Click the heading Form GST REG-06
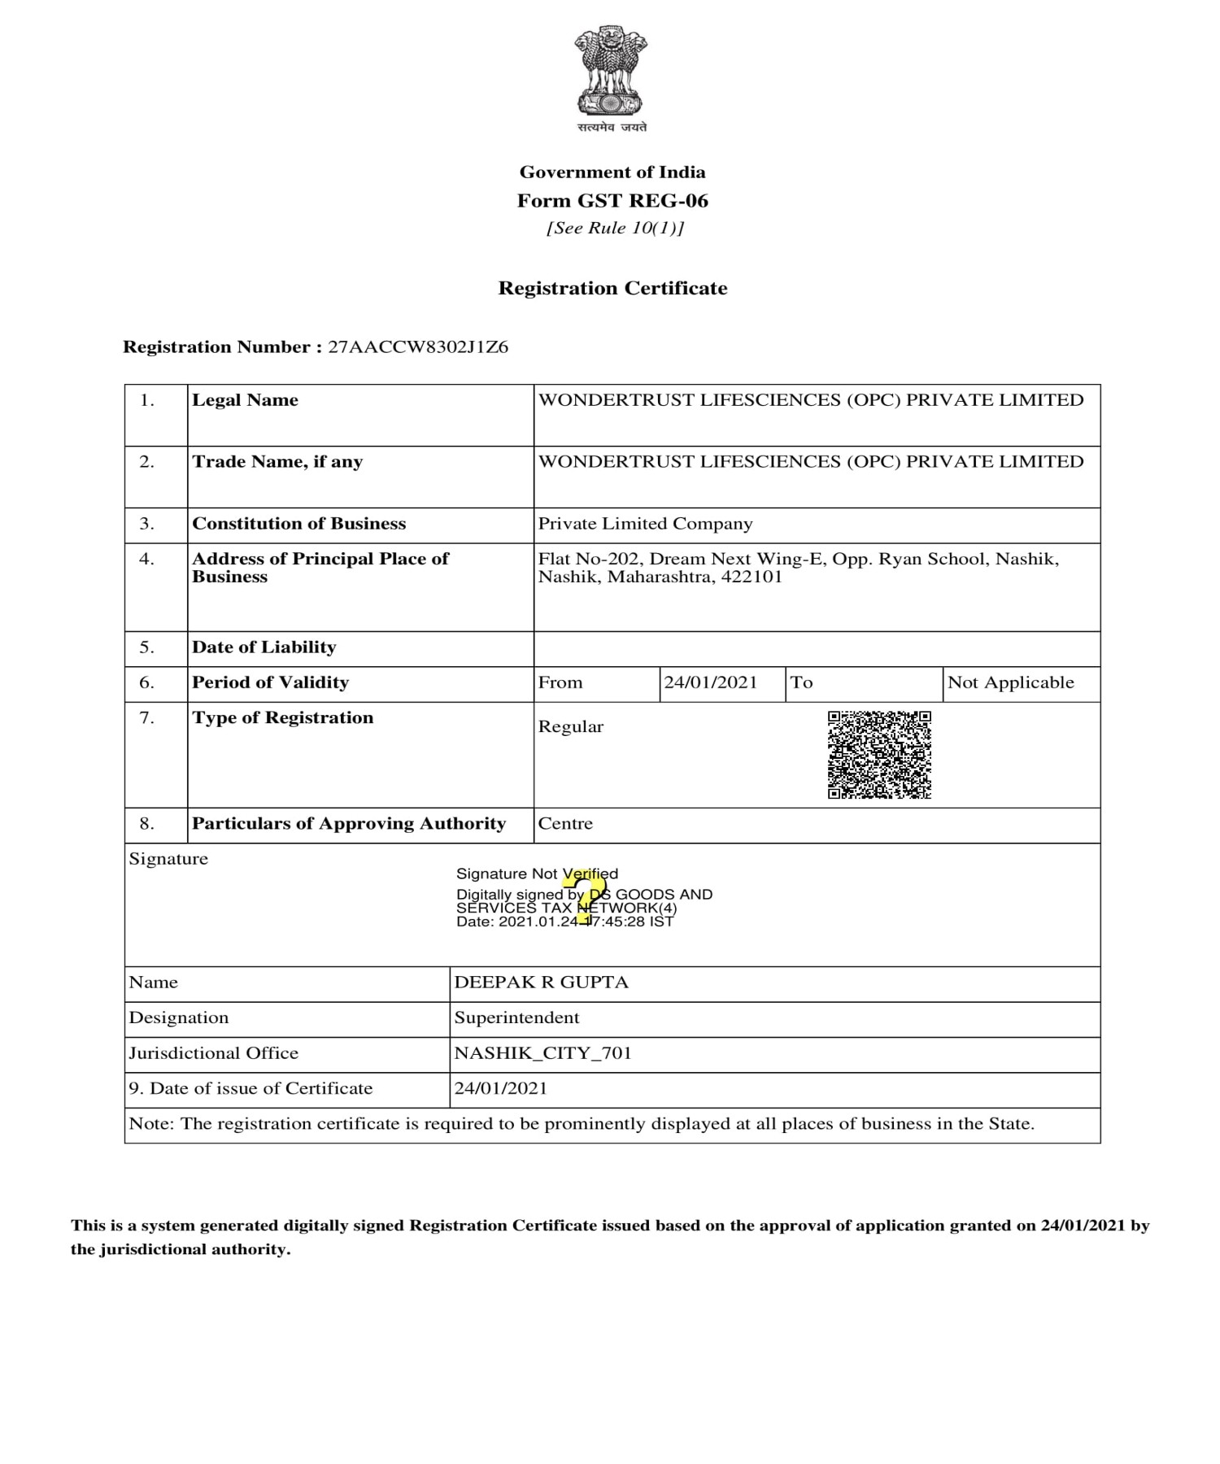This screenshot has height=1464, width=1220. pyautogui.click(x=612, y=201)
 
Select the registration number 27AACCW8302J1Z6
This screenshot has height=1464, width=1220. pyautogui.click(x=418, y=347)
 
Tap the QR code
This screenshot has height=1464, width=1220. pyautogui.click(x=879, y=755)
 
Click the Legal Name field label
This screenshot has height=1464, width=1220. pyautogui.click(x=245, y=400)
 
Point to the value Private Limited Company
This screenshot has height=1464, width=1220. pyautogui.click(x=645, y=524)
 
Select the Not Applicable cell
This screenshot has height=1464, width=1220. pyautogui.click(x=1010, y=682)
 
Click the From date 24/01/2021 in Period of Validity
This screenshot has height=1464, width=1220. pyautogui.click(x=710, y=682)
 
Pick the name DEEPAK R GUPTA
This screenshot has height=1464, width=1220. pyautogui.click(x=541, y=983)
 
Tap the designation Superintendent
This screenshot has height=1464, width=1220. pyautogui.click(x=516, y=1017)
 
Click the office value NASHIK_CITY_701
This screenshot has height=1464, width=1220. pyautogui.click(x=542, y=1053)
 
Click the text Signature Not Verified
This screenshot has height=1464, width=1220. pyautogui.click(x=537, y=874)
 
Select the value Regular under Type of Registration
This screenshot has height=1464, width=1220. pyautogui.click(x=570, y=727)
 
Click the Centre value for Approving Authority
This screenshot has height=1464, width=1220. pyautogui.click(x=565, y=824)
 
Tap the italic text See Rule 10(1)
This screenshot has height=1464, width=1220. pyautogui.click(x=615, y=229)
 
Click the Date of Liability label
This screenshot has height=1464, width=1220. pyautogui.click(x=264, y=647)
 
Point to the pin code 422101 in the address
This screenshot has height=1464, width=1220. pyautogui.click(x=752, y=577)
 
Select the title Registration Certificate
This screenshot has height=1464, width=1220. pyautogui.click(x=612, y=289)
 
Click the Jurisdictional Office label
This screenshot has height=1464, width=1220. pyautogui.click(x=214, y=1053)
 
